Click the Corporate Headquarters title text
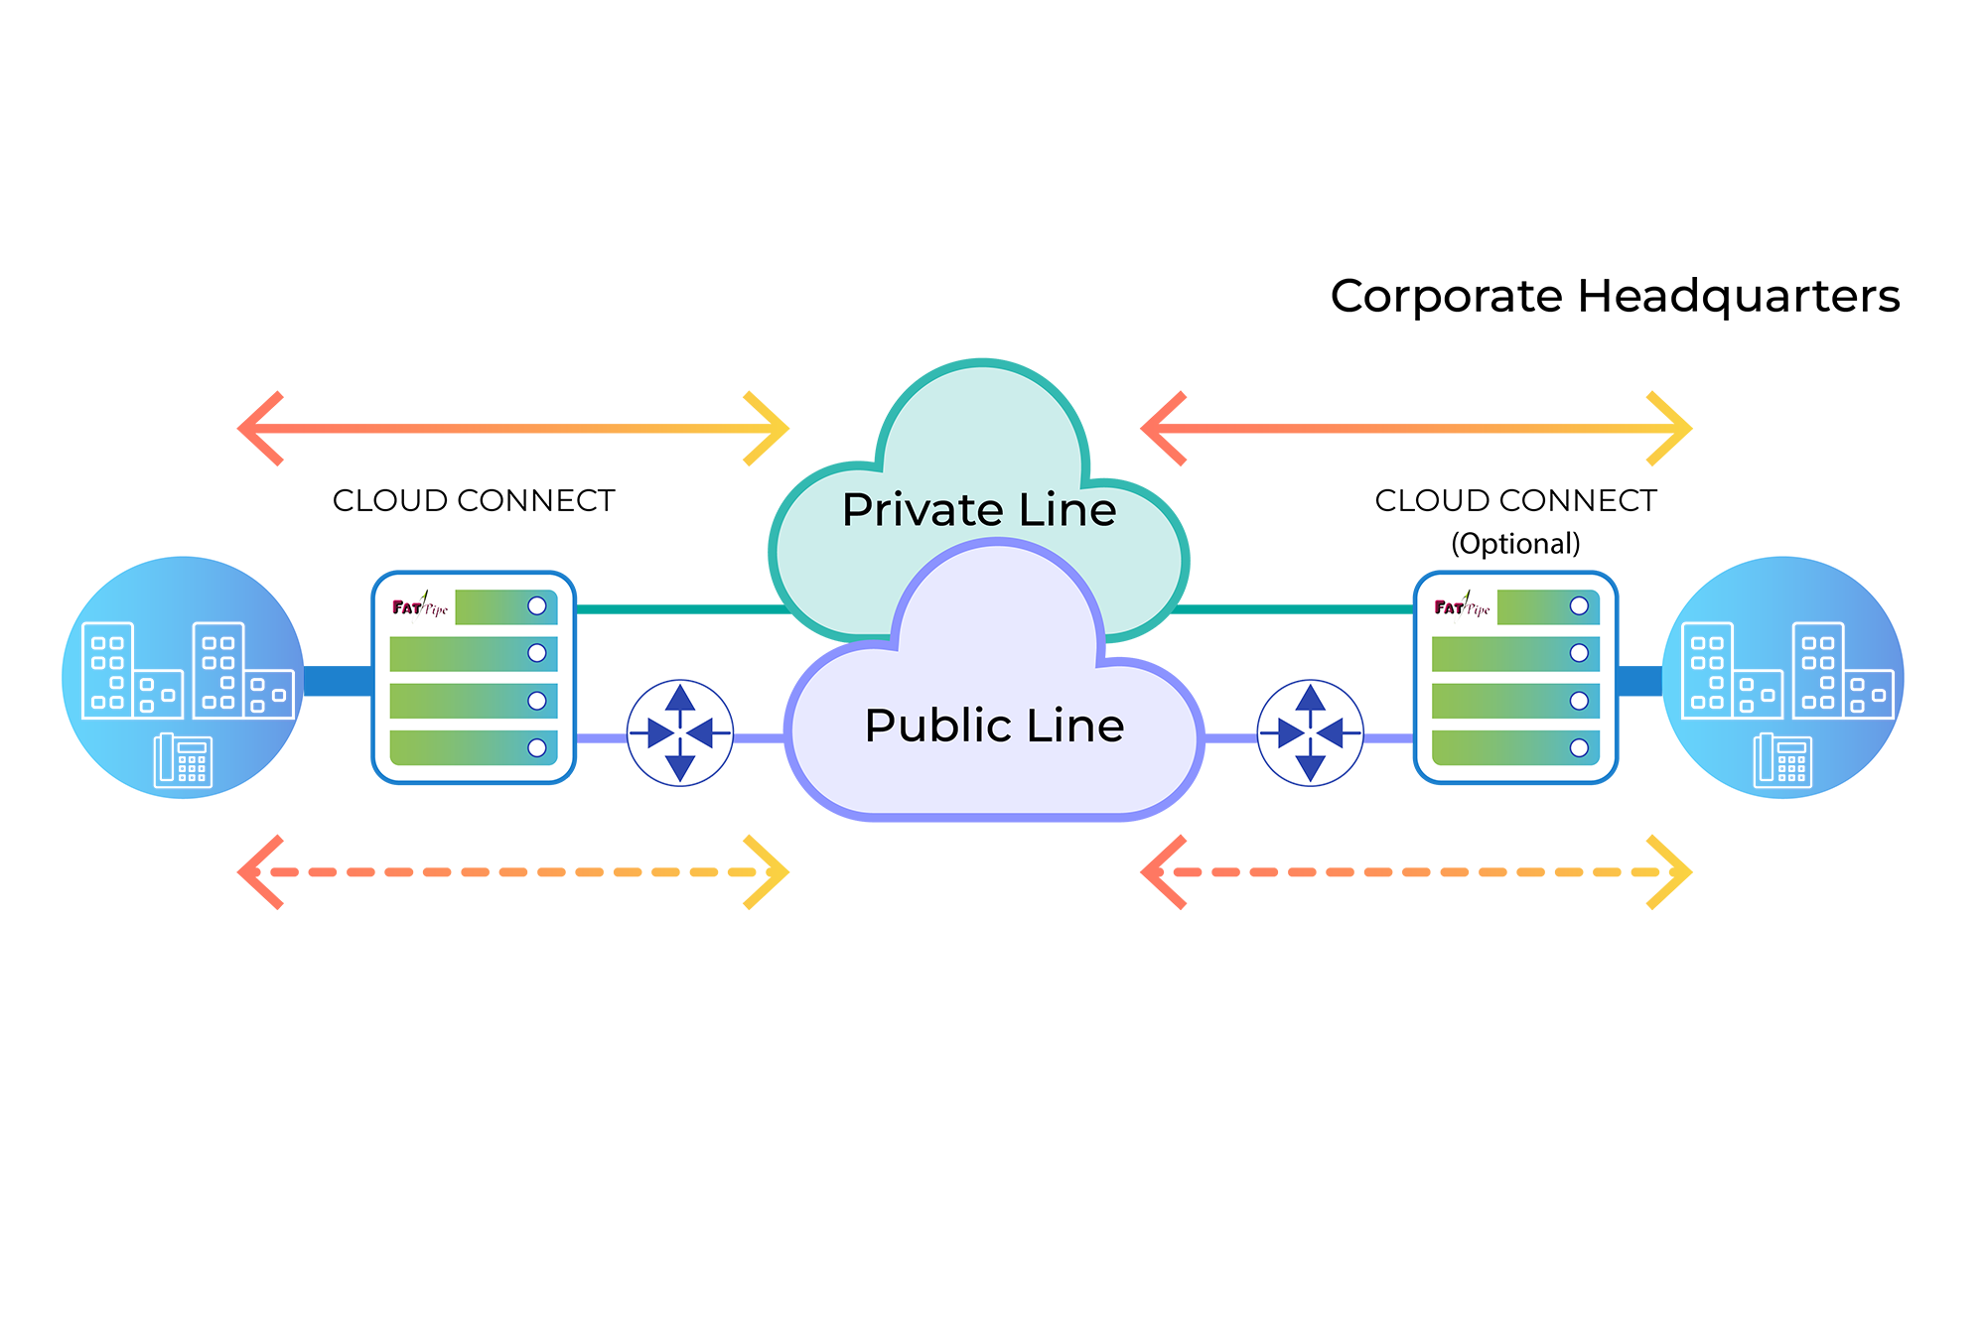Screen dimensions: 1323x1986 tap(1615, 296)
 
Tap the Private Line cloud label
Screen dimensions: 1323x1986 tap(979, 510)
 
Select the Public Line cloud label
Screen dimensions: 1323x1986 tap(994, 726)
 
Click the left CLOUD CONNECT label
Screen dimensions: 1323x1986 tap(474, 501)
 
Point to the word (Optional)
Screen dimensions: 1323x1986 tap(1515, 544)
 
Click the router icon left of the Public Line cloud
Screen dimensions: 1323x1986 tap(680, 733)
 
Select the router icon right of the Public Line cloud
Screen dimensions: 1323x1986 tap(1311, 733)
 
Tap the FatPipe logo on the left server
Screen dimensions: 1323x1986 tap(420, 605)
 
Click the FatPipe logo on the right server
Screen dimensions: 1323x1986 tap(1462, 605)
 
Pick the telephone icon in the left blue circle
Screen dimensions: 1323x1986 tap(183, 760)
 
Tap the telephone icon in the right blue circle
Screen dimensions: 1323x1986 tap(1782, 760)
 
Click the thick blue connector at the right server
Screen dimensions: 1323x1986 tap(1639, 681)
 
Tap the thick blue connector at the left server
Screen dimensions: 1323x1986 tap(338, 681)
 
